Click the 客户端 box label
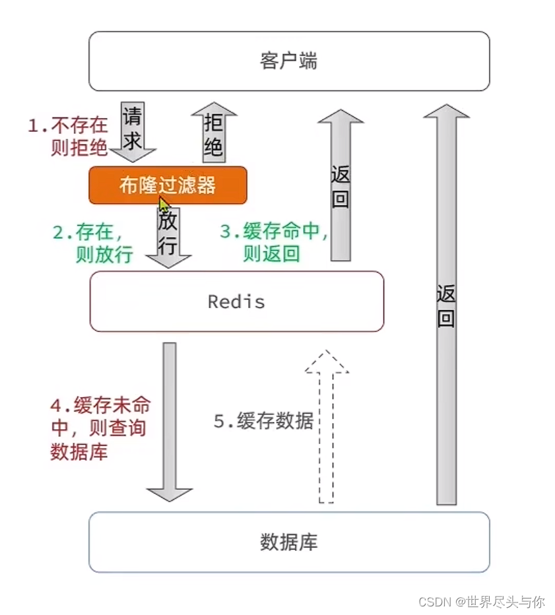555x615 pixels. [288, 61]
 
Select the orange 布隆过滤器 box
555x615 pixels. [168, 185]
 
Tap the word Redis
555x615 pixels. [236, 302]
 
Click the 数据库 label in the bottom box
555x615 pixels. [289, 542]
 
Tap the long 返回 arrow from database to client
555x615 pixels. [446, 304]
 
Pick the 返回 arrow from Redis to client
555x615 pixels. [341, 185]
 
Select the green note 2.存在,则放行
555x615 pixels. [92, 243]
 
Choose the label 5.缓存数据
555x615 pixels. [263, 421]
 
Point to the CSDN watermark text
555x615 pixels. [481, 601]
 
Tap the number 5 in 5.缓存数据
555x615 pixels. [219, 421]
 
